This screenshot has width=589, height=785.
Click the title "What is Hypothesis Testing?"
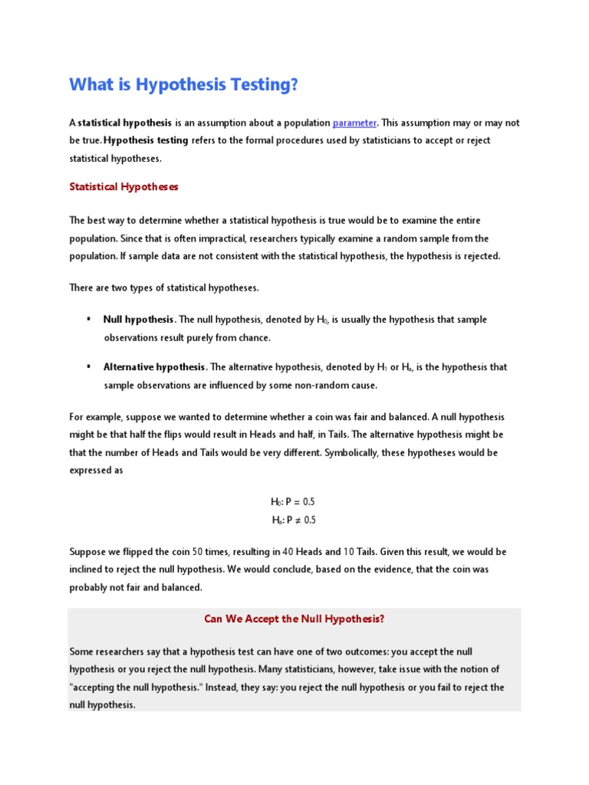(183, 84)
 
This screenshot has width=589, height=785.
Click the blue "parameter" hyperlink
(354, 123)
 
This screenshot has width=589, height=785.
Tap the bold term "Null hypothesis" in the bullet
(139, 320)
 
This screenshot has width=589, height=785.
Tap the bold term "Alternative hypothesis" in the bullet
(154, 367)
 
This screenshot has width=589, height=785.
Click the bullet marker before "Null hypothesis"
(89, 319)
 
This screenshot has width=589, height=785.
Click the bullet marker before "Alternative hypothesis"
(89, 366)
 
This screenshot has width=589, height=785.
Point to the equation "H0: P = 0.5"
(293, 501)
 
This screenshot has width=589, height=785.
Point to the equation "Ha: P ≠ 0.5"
(293, 520)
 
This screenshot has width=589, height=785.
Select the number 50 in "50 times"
(197, 552)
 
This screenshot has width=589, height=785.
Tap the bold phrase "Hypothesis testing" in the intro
(146, 140)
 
